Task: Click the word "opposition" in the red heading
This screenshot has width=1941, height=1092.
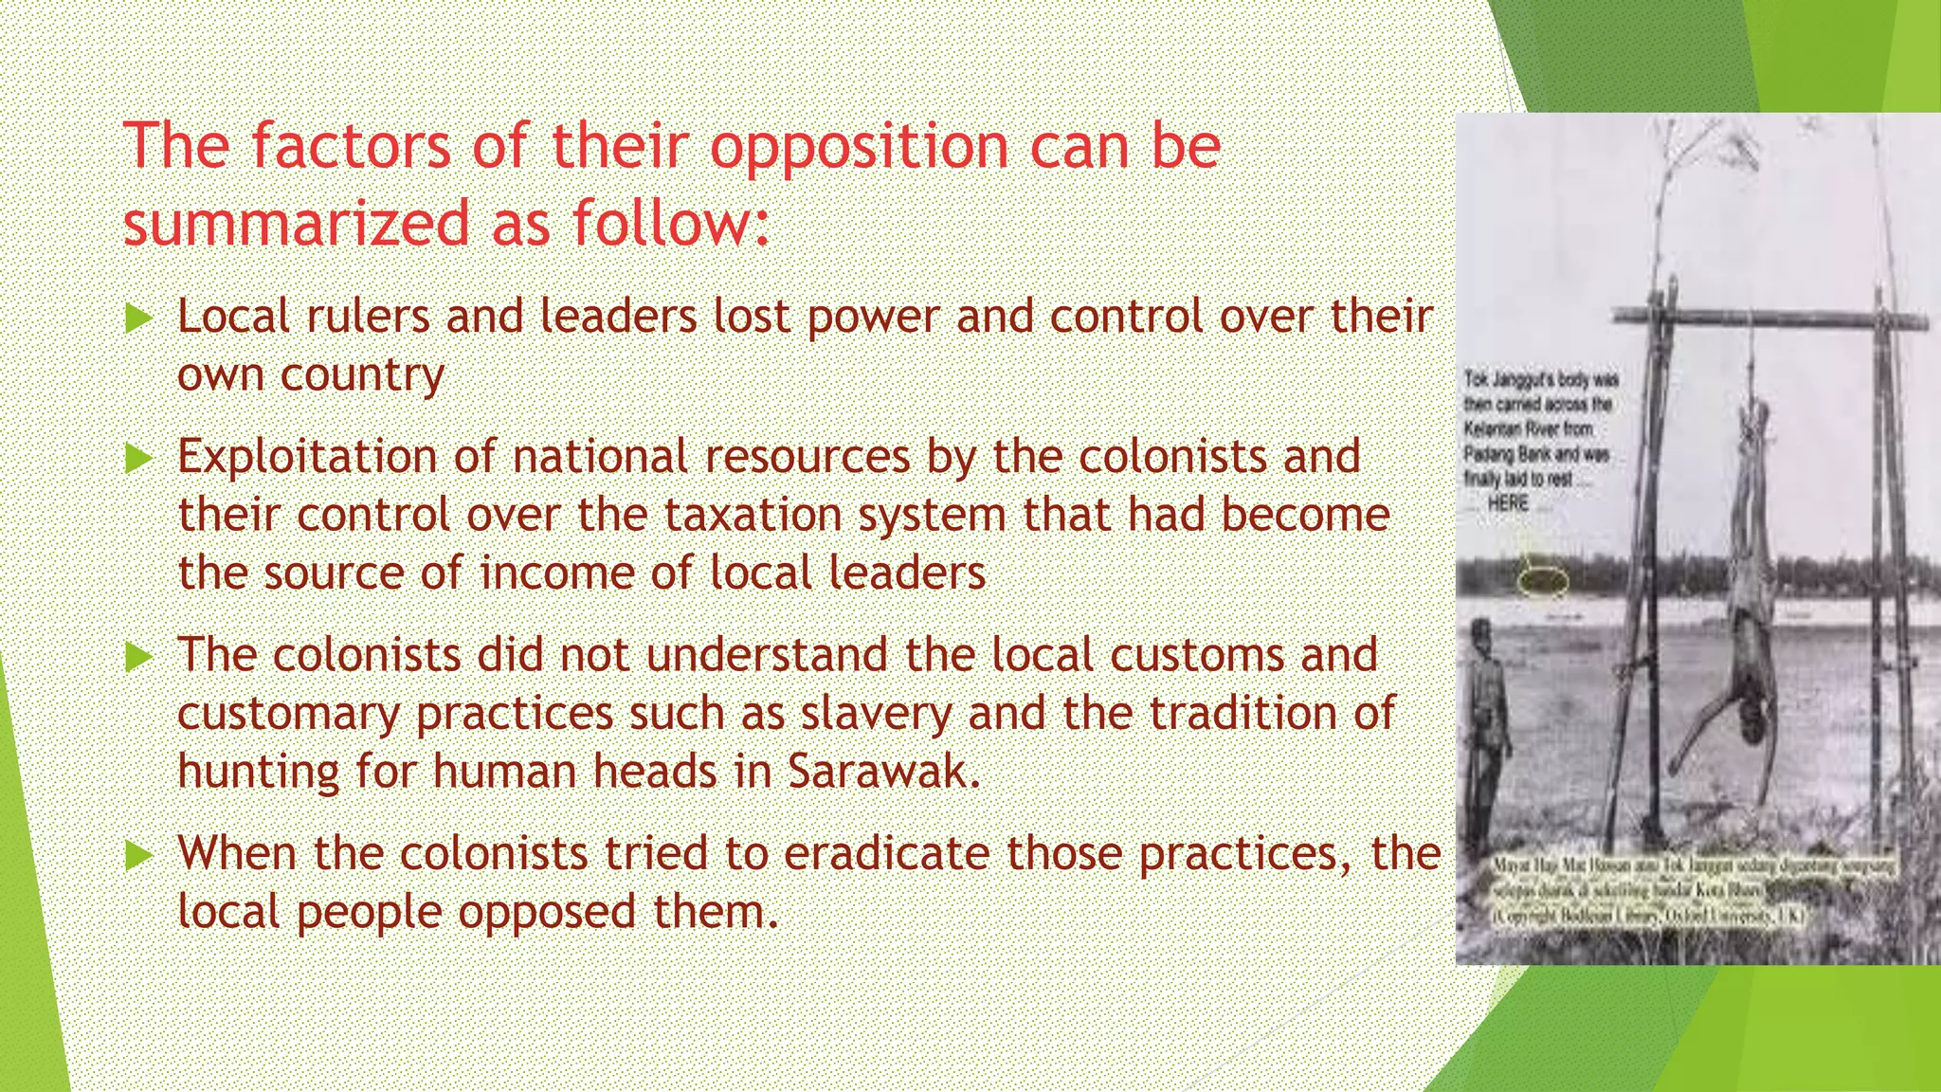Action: click(859, 149)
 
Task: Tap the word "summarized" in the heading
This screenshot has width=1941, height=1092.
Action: click(297, 224)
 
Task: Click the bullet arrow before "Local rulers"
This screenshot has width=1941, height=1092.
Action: click(138, 318)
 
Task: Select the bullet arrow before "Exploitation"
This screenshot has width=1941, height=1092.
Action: click(138, 459)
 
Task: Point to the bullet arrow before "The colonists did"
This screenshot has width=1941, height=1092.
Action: click(138, 657)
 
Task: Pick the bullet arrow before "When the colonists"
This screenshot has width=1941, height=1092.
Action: click(138, 856)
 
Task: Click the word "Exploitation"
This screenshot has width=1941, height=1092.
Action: click(307, 457)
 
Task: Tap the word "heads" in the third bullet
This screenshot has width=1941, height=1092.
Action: click(655, 772)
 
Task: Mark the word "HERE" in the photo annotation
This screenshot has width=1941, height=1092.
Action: click(1508, 503)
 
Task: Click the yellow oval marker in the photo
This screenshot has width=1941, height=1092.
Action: click(1544, 580)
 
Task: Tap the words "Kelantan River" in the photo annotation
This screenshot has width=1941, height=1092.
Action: click(1528, 429)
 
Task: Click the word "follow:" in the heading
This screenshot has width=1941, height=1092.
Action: click(671, 224)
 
